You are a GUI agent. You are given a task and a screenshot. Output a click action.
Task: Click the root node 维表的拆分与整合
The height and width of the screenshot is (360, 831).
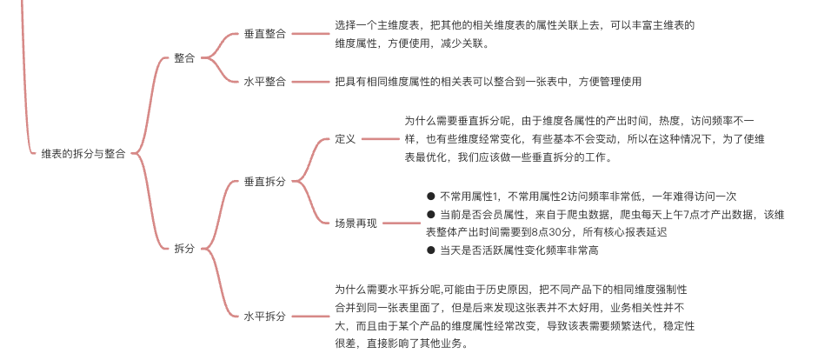83,154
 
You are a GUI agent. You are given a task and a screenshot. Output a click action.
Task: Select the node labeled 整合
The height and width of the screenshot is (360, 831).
184,58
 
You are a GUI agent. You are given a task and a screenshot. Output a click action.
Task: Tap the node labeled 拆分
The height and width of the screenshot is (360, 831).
184,249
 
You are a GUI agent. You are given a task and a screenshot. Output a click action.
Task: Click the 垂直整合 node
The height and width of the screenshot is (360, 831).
265,35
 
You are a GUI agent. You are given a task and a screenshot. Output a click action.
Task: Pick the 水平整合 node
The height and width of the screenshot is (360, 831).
265,82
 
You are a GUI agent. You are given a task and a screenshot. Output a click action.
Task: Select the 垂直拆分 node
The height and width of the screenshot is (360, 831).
265,182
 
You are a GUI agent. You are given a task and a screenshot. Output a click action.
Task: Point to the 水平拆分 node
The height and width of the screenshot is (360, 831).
265,317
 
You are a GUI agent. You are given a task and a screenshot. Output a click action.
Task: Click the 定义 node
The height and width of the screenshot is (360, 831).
345,139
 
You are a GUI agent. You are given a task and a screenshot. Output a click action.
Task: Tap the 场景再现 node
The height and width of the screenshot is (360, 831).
356,223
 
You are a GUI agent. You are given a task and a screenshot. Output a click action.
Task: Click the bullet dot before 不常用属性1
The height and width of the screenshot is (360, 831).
430,197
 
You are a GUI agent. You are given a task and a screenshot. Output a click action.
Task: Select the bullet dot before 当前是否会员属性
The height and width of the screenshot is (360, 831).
430,214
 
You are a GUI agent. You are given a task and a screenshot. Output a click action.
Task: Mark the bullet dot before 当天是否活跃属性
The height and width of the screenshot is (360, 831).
430,250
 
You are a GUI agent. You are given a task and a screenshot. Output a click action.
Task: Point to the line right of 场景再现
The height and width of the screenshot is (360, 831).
401,223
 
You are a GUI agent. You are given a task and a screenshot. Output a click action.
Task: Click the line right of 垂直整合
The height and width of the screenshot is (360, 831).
309,35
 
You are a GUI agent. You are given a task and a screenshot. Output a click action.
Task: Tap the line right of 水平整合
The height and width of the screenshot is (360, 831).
309,82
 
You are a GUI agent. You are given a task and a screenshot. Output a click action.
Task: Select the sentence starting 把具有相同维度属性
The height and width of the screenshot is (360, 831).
488,82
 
